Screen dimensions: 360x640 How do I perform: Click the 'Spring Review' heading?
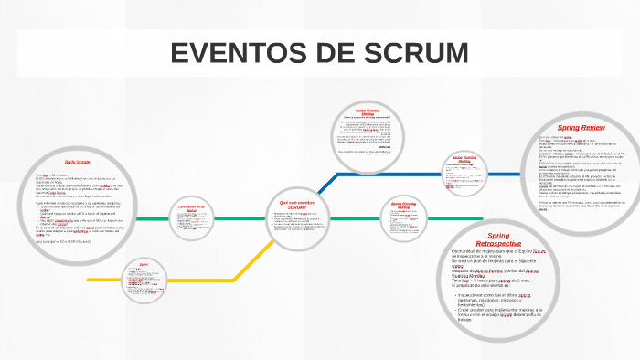coord(581,127)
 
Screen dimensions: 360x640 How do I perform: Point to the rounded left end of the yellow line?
coord(90,279)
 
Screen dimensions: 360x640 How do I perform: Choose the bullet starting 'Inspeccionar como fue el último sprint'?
coord(501,299)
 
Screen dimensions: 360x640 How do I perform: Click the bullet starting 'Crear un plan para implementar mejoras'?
coord(501,315)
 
